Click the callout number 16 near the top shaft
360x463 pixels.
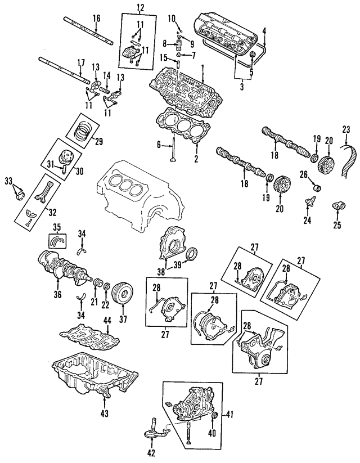[x=96, y=19]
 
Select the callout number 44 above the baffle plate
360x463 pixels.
[x=106, y=320]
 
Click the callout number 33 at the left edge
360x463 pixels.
[x=8, y=180]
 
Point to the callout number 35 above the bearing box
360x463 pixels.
[x=56, y=228]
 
